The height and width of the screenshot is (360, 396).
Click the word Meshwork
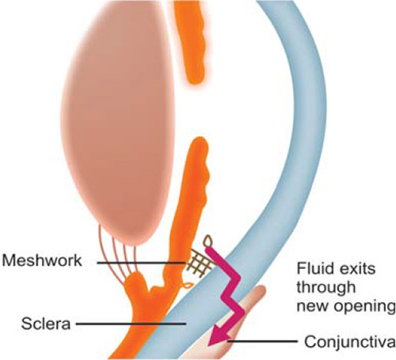(42, 261)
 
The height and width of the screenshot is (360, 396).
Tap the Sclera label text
(46, 324)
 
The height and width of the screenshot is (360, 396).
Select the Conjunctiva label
(350, 342)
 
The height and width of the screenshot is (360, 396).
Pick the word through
(326, 288)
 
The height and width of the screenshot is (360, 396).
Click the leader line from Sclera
(131, 324)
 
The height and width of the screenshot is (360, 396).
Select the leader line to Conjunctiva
(262, 341)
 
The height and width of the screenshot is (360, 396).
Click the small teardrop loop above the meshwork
(208, 241)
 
